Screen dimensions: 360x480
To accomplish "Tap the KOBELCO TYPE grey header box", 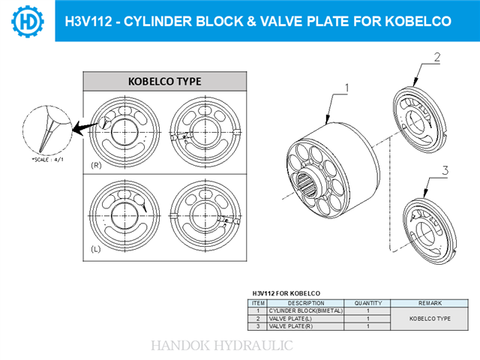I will pos(164,81).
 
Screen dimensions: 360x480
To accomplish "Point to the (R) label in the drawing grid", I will pos(96,164).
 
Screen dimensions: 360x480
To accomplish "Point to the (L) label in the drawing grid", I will pos(96,247).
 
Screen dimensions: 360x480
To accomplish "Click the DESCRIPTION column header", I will pos(305,303).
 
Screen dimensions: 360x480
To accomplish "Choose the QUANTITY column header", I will pos(367,303).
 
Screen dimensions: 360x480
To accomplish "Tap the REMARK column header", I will pos(430,303).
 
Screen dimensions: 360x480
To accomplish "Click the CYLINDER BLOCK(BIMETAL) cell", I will pos(305,310).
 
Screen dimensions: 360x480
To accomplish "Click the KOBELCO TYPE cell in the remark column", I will pos(430,319).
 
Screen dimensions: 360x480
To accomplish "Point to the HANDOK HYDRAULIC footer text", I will pos(222,346).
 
